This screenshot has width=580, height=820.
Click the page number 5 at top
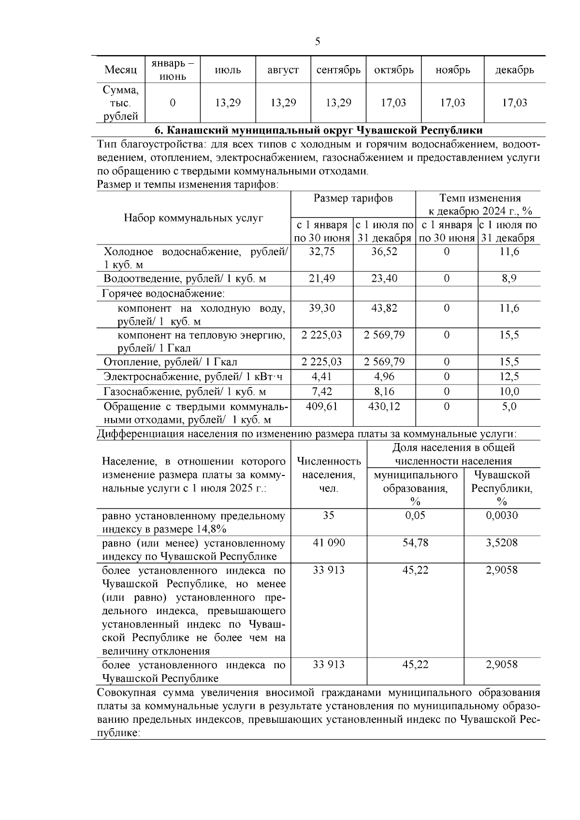click(x=318, y=42)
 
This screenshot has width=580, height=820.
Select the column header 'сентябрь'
click(x=338, y=70)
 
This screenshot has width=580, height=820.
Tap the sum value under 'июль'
click(x=228, y=102)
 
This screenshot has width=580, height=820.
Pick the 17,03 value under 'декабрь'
click(x=514, y=102)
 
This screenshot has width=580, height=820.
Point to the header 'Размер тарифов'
click(x=353, y=198)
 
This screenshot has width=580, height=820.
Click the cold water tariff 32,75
click(x=321, y=252)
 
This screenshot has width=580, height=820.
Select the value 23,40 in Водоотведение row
click(x=384, y=278)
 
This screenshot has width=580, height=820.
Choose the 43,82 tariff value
click(x=384, y=308)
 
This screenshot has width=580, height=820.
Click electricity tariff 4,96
click(x=384, y=376)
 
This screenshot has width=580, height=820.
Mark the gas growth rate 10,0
click(x=509, y=391)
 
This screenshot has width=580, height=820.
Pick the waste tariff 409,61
click(x=321, y=406)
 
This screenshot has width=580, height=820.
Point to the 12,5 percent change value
click(x=509, y=376)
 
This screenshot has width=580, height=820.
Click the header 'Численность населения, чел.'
click(x=329, y=475)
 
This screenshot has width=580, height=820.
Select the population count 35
click(x=329, y=515)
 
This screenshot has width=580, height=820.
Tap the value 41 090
click(x=329, y=543)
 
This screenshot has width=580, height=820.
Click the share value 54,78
click(x=415, y=543)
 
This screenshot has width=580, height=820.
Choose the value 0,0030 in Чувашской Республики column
click(x=502, y=515)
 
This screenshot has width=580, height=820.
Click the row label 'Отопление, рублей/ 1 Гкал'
click(x=170, y=362)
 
